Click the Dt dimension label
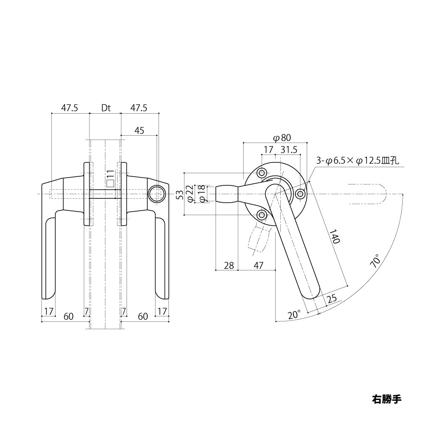pyautogui.click(x=106, y=108)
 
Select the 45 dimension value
pyautogui.click(x=140, y=130)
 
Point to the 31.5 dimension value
pyautogui.click(x=289, y=149)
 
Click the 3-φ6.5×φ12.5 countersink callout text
pyautogui.click(x=358, y=161)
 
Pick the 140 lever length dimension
pyautogui.click(x=334, y=236)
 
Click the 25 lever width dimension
pyautogui.click(x=331, y=299)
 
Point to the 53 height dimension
pyautogui.click(x=180, y=194)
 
